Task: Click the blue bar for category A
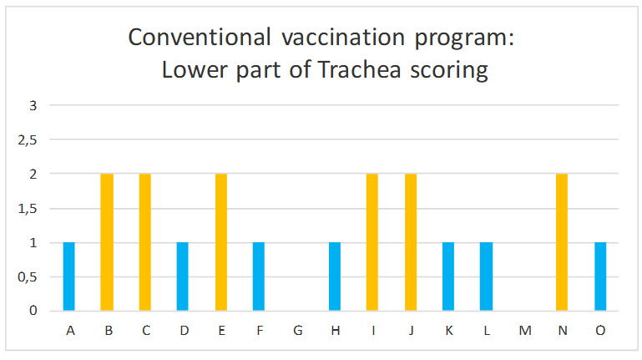68,276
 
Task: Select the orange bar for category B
107,242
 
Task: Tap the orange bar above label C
145,242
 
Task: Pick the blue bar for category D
183,276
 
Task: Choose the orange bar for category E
221,242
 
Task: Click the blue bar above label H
335,276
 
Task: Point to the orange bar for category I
372,242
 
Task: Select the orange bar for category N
562,242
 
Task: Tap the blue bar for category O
600,276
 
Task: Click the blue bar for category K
448,276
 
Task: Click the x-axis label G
298,331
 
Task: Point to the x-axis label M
525,331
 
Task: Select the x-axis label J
411,331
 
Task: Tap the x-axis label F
260,331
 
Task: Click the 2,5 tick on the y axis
28,140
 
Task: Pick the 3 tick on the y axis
33,106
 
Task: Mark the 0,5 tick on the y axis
28,277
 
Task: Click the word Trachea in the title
360,69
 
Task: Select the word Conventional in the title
200,38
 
